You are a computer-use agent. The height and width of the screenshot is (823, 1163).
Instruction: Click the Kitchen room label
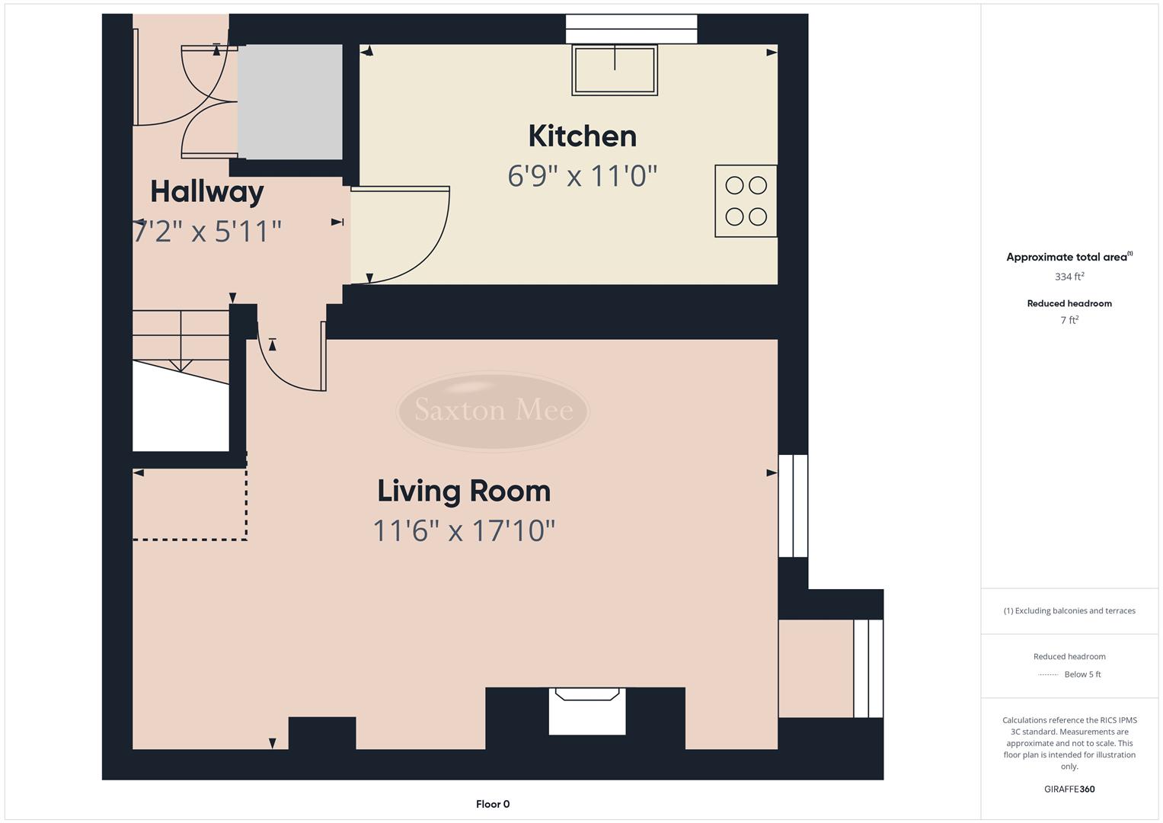coord(582,136)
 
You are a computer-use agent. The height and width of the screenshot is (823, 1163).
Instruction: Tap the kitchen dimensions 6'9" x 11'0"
coord(582,176)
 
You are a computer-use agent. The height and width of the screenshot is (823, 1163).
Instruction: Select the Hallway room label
coord(206,191)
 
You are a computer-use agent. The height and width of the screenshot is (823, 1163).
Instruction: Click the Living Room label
coord(464,491)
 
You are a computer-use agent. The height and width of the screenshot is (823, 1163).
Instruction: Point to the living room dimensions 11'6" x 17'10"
coord(464,530)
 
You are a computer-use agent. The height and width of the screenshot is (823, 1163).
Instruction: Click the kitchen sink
coord(615,70)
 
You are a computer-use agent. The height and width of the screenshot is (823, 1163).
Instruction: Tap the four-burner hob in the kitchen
coord(746,201)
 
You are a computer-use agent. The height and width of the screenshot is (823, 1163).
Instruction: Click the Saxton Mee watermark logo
coord(493,411)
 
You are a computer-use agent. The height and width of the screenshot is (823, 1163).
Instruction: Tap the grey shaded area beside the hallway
coord(289,101)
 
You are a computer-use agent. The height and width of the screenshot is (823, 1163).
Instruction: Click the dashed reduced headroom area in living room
coord(189,504)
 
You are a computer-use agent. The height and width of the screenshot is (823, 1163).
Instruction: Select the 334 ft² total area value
coord(1069,277)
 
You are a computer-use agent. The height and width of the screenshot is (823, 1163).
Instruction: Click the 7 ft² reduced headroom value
coord(1069,320)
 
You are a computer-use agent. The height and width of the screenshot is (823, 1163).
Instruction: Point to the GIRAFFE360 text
coord(1069,789)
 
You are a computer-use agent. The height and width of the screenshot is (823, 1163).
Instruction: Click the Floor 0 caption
coord(493,804)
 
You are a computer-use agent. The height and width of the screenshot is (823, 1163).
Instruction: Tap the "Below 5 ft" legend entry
coord(1082,674)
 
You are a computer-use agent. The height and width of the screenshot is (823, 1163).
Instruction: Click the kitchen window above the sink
coord(631,29)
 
